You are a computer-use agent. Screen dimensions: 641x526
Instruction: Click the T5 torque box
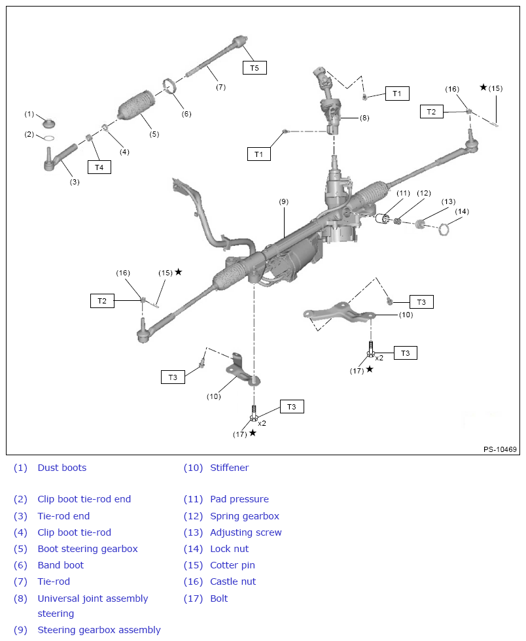[254, 67]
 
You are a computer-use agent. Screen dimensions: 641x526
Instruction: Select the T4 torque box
[99, 167]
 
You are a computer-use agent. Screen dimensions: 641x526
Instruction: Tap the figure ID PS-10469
[500, 449]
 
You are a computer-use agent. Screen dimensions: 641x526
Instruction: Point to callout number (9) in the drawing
[283, 202]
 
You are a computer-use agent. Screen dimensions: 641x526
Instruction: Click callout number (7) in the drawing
[220, 87]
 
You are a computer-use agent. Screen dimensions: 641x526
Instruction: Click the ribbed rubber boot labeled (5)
[136, 107]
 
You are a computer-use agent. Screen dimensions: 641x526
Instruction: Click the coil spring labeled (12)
[397, 222]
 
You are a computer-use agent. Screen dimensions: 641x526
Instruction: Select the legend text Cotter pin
[232, 565]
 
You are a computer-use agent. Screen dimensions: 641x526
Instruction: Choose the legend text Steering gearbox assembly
[99, 630]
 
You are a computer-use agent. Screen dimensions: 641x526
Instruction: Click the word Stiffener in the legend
[229, 468]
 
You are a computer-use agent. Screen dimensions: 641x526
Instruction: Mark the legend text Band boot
[60, 565]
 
